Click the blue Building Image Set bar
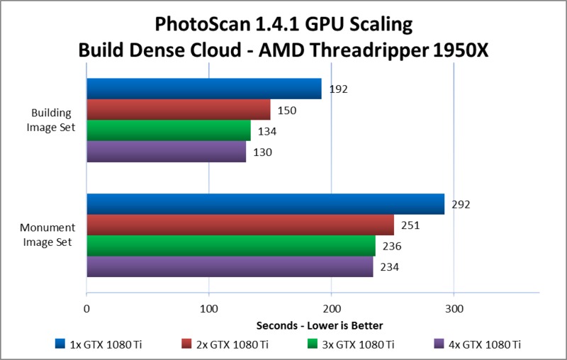click(203, 89)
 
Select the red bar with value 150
click(178, 110)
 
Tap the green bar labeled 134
click(168, 131)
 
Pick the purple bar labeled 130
click(166, 152)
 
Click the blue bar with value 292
click(265, 204)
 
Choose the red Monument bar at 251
click(240, 225)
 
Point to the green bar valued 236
click(230, 246)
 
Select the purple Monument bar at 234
click(229, 266)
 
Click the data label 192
click(337, 90)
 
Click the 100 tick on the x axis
click(208, 310)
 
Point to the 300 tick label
click(454, 310)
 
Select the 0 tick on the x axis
click(86, 310)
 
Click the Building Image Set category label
click(57, 120)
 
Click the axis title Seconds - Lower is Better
click(320, 326)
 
